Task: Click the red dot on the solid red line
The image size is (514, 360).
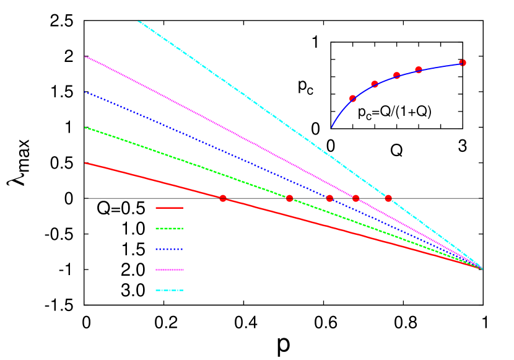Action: (x=223, y=198)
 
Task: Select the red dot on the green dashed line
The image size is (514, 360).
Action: (x=289, y=198)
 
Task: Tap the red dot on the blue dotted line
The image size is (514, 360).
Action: (x=329, y=198)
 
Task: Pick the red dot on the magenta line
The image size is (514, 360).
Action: (x=355, y=198)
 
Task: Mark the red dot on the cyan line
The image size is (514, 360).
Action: (x=388, y=198)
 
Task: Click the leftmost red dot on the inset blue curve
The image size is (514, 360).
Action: (x=352, y=99)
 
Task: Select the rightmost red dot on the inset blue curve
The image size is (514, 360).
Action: (x=463, y=63)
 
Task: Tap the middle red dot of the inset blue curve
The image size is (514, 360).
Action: (x=397, y=76)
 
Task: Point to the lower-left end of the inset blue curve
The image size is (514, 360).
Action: (x=332, y=128)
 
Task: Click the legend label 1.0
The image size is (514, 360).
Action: (x=133, y=229)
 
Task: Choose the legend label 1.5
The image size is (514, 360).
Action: (x=133, y=249)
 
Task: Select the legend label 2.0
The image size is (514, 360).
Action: (x=133, y=270)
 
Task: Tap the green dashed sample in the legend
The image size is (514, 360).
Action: (x=169, y=229)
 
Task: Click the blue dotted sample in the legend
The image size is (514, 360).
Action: (x=169, y=249)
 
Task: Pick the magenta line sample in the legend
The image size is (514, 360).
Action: (x=169, y=270)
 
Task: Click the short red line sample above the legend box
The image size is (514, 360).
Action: (x=169, y=208)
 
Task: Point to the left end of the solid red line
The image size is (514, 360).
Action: (x=85, y=163)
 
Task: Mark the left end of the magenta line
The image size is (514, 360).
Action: (x=85, y=56)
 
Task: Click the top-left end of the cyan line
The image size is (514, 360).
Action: (x=138, y=21)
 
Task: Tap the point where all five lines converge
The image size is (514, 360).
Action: (x=482, y=268)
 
